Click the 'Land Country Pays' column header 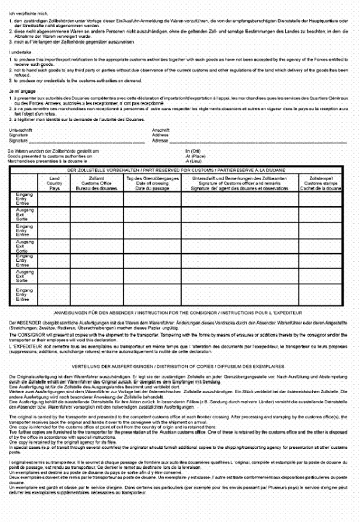pos(55,183)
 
